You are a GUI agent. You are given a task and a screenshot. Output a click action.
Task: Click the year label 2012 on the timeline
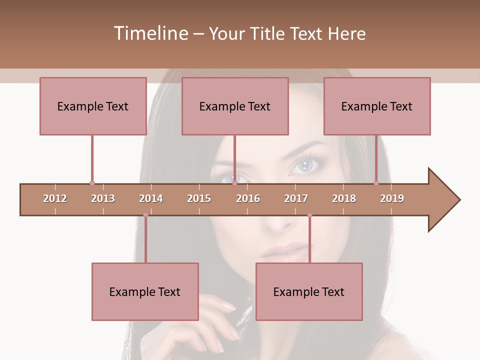click(55, 198)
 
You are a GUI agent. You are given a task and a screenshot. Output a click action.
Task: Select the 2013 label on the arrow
click(103, 198)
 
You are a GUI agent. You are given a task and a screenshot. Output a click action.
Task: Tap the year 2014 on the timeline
click(151, 198)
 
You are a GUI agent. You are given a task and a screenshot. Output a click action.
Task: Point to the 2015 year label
click(199, 198)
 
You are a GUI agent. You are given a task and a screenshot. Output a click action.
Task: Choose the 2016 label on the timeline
click(248, 198)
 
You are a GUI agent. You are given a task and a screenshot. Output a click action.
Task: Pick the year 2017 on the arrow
click(296, 198)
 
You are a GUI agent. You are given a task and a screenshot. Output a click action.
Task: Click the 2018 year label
click(344, 198)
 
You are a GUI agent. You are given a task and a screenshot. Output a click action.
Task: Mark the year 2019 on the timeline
click(392, 198)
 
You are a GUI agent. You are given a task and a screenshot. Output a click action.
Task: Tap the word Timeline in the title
click(150, 33)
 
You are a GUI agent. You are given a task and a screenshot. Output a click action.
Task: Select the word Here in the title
click(346, 33)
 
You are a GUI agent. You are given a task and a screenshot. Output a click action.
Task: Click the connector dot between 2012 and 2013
click(92, 183)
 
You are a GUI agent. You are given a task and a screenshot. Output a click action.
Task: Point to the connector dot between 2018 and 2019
click(376, 183)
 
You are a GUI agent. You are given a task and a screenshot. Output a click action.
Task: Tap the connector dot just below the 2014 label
click(145, 215)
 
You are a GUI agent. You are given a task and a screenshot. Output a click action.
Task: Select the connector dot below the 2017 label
click(309, 215)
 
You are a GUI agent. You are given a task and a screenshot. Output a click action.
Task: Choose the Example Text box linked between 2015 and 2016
click(235, 106)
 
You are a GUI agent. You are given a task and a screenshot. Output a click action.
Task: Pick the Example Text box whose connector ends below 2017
click(309, 291)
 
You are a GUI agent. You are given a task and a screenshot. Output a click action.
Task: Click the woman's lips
click(282, 251)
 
